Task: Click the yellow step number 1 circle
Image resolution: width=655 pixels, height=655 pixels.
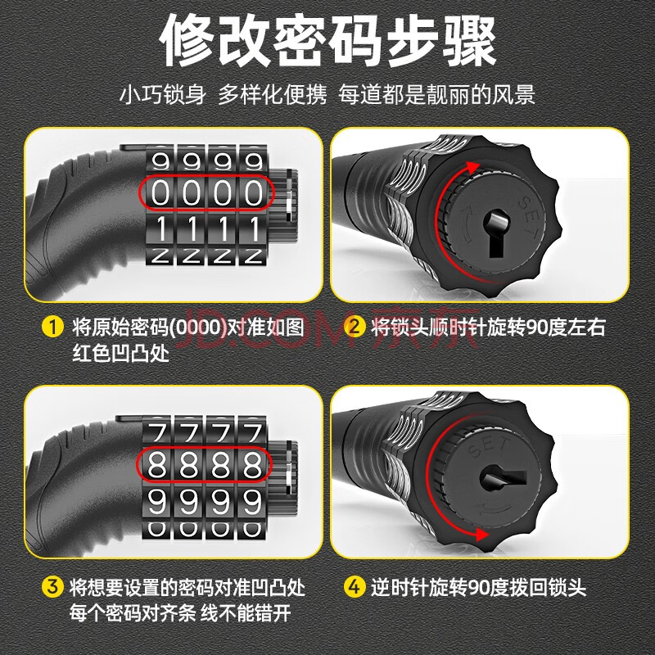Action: (x=52, y=327)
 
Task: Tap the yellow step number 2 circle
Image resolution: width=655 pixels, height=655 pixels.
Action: (x=355, y=326)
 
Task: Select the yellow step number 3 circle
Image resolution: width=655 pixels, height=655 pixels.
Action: (x=52, y=586)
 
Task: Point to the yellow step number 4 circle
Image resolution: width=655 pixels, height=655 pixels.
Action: (x=355, y=586)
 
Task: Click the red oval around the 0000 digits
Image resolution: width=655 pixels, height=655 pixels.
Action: (x=206, y=175)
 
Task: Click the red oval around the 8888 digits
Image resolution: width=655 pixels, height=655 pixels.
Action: (x=205, y=447)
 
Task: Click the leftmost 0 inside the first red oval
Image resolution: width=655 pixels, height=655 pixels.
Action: (x=160, y=193)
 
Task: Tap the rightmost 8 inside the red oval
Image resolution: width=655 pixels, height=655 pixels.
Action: (x=253, y=465)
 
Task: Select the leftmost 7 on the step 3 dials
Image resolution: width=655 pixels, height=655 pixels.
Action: (x=158, y=432)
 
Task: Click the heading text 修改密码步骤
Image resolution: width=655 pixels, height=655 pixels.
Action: (x=328, y=40)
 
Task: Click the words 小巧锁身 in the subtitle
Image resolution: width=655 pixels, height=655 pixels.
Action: (x=162, y=95)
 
